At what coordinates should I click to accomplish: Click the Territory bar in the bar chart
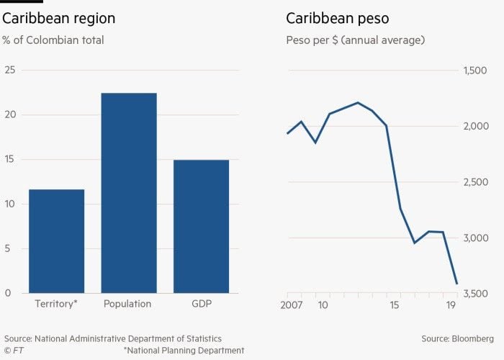[x=56, y=241]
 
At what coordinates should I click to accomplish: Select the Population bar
[x=129, y=193]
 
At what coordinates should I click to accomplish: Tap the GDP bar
[x=201, y=226]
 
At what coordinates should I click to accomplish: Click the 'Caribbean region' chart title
[x=58, y=19]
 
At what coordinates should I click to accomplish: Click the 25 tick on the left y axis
[x=10, y=70]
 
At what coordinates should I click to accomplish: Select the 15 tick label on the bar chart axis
[x=10, y=159]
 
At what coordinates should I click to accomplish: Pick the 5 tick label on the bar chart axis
[x=8, y=248]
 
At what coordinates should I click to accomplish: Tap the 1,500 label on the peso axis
[x=475, y=70]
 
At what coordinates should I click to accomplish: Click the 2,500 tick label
[x=475, y=182]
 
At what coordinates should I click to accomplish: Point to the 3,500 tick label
[x=475, y=294]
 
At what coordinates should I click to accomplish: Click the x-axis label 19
[x=451, y=305]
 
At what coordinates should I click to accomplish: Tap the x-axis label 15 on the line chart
[x=394, y=305]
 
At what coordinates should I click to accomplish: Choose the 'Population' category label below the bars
[x=127, y=304]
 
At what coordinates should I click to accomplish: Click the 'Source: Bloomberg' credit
[x=458, y=338]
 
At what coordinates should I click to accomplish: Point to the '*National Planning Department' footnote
[x=184, y=351]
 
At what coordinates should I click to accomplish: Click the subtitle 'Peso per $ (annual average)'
[x=355, y=40]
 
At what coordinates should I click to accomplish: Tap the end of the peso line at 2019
[x=456, y=283]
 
